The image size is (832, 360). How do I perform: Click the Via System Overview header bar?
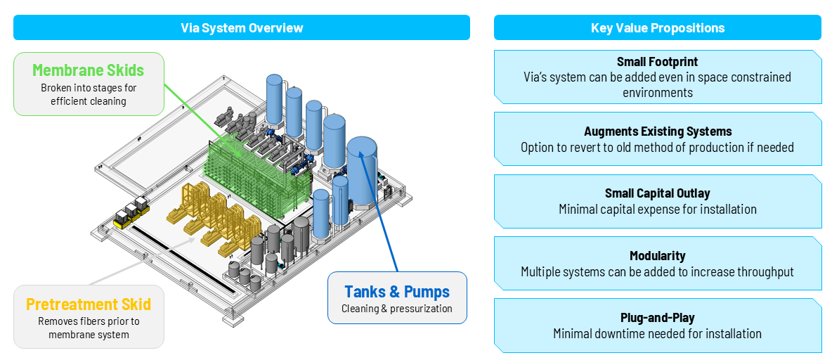(x=241, y=27)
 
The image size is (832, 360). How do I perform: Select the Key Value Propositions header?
(x=657, y=27)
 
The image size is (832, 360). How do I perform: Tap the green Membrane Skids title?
(x=88, y=70)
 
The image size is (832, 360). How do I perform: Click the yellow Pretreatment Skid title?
(x=88, y=304)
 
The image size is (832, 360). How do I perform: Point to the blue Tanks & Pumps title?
(x=396, y=292)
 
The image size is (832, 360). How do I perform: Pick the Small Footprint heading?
(x=657, y=62)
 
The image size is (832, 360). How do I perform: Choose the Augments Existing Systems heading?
(x=657, y=131)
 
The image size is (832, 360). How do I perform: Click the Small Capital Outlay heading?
(x=657, y=193)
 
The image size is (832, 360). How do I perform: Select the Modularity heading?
(x=657, y=256)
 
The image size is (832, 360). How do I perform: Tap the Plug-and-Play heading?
(x=657, y=318)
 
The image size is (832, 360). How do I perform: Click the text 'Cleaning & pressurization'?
(x=396, y=309)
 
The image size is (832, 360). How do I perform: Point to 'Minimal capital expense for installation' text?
(x=657, y=210)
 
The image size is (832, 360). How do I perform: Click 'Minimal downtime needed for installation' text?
(x=657, y=334)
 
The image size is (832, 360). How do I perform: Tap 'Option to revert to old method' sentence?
(x=657, y=148)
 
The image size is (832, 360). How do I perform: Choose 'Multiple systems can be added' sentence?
(x=657, y=272)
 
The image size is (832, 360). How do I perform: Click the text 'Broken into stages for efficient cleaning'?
(x=88, y=94)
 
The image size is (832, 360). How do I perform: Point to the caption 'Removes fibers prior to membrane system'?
(x=88, y=328)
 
